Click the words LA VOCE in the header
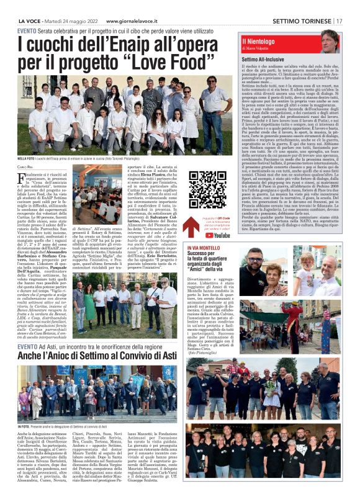click(29, 20)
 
